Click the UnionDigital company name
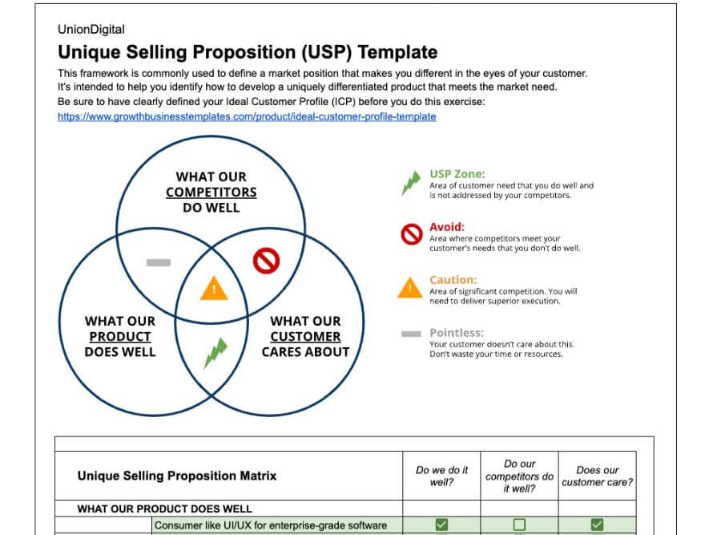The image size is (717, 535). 91,30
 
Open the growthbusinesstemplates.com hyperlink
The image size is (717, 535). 247,116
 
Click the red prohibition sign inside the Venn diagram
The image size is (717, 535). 266,261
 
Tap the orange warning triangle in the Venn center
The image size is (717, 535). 214,288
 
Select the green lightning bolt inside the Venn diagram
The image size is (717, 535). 216,353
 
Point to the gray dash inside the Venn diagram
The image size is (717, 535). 158,263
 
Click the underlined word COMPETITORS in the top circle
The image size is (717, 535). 211,193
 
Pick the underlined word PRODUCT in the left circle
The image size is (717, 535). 120,336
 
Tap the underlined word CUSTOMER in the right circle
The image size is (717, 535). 305,336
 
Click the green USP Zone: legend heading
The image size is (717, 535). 457,174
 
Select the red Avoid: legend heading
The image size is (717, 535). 447,227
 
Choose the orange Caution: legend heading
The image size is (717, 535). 453,280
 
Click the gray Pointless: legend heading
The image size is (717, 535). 457,333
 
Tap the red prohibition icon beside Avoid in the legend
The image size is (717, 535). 412,234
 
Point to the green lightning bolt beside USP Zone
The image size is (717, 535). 411,183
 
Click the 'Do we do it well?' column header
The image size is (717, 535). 441,476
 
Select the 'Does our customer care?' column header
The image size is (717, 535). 597,476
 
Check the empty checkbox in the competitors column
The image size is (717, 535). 519,525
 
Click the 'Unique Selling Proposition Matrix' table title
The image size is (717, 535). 177,476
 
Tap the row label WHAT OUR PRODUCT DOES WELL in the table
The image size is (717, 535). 164,509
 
